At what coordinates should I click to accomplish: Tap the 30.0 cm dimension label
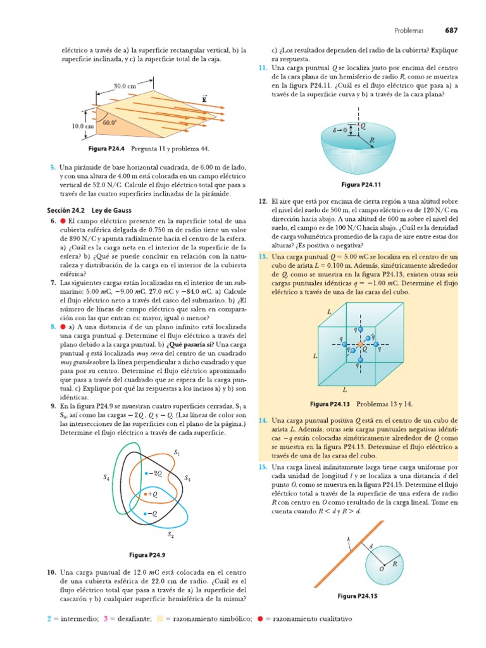click(125, 86)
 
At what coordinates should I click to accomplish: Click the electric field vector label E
click(204, 99)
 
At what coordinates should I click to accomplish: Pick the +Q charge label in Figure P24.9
click(153, 492)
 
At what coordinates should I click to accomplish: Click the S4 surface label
click(106, 479)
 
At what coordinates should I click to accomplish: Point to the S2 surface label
click(170, 535)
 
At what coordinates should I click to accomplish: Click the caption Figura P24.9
click(147, 555)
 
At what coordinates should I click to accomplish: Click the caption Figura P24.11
click(360, 185)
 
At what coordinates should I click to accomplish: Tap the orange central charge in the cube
click(361, 345)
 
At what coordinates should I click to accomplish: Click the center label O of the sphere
click(382, 569)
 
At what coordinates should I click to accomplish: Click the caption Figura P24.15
click(358, 596)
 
